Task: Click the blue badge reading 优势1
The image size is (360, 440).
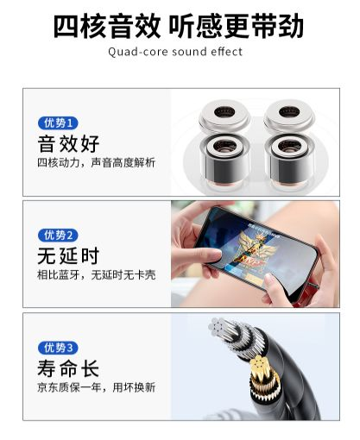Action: click(58, 123)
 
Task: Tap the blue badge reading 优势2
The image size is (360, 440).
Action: click(58, 236)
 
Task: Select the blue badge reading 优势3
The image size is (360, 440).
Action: click(58, 348)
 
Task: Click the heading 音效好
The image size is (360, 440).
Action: click(68, 143)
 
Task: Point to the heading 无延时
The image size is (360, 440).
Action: click(68, 255)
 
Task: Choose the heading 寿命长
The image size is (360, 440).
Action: click(68, 368)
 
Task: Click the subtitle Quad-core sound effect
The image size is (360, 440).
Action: click(175, 52)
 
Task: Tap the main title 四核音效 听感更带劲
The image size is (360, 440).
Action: click(179, 26)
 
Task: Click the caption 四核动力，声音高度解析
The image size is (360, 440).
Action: click(97, 163)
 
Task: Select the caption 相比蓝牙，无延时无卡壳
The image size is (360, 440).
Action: click(97, 275)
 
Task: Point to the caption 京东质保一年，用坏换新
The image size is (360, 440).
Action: click(97, 387)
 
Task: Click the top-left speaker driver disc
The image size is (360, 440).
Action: click(224, 116)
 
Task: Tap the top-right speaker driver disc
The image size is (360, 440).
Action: click(289, 116)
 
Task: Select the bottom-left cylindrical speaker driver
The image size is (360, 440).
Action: click(224, 163)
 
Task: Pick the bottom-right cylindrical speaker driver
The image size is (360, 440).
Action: click(289, 163)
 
